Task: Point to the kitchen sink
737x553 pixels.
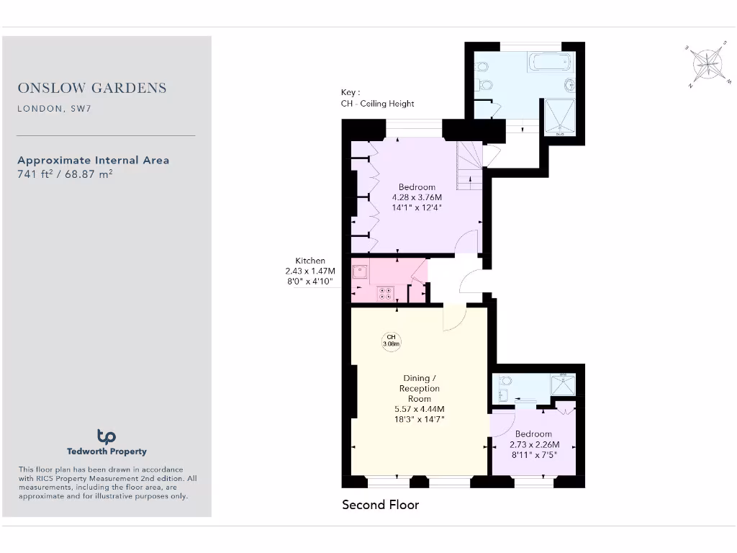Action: click(360, 272)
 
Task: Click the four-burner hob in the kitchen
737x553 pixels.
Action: click(386, 293)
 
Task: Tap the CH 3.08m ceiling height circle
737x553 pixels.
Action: click(391, 341)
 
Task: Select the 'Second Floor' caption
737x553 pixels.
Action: click(380, 505)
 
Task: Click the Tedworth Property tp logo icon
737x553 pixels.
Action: click(107, 436)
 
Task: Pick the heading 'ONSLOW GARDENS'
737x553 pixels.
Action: click(92, 88)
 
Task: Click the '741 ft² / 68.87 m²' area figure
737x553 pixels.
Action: click(65, 174)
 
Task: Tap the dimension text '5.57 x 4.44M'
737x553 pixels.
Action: click(419, 409)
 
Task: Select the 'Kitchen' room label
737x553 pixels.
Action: click(310, 261)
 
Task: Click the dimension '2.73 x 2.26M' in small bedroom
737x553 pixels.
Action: click(533, 444)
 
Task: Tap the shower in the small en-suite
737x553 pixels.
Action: click(564, 386)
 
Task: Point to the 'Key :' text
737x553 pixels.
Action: click(351, 92)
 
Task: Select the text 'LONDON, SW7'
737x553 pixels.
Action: click(55, 109)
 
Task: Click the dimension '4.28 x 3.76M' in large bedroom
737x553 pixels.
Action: click(417, 197)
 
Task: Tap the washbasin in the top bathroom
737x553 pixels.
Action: click(569, 83)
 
